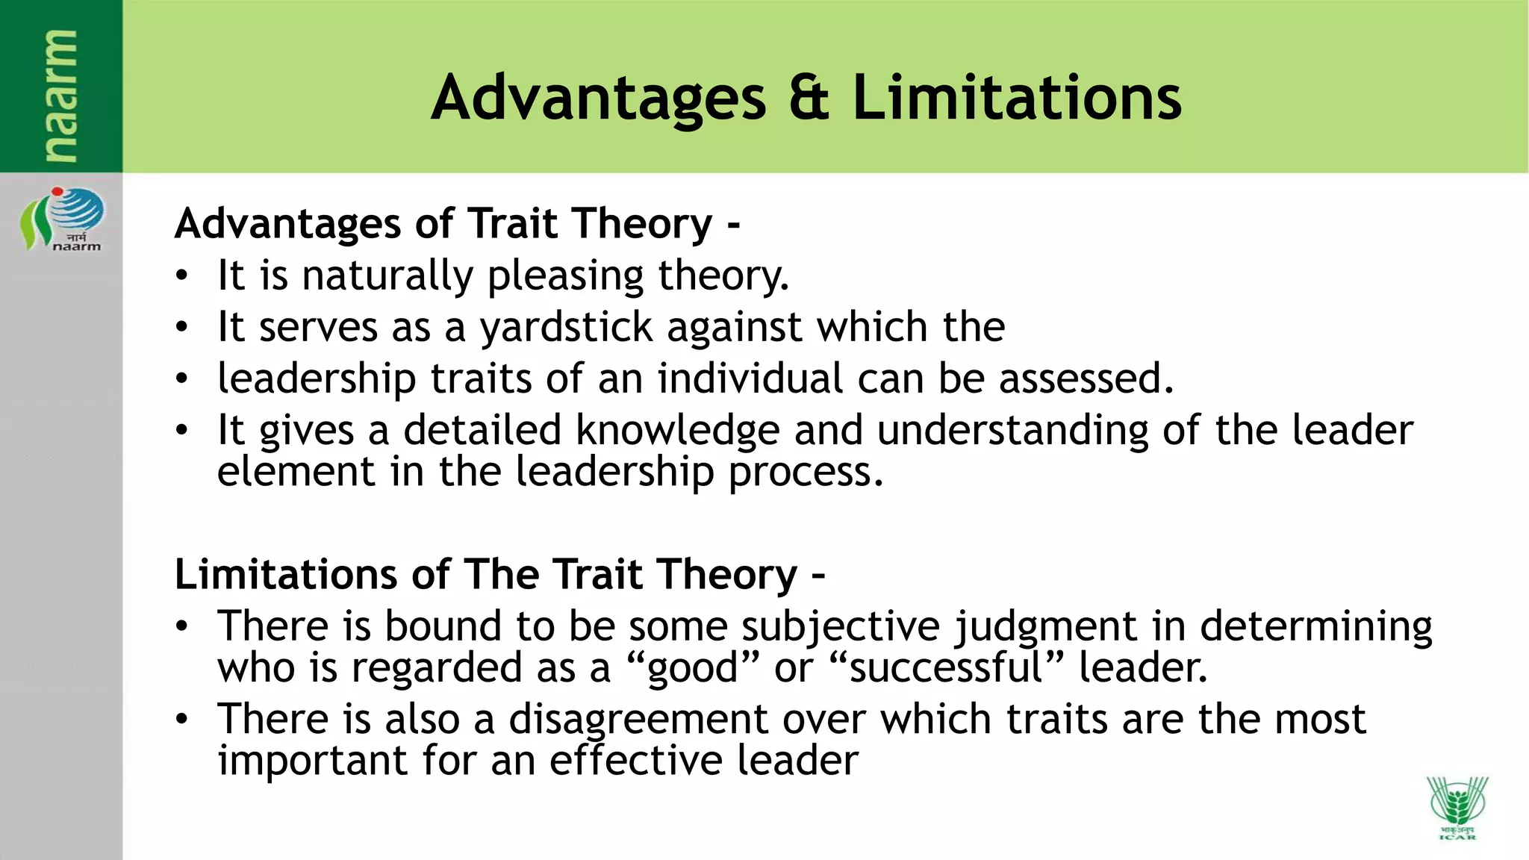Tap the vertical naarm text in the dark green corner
60,96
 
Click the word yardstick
565,328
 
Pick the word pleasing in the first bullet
565,276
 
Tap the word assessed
1086,378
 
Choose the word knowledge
678,431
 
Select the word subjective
840,626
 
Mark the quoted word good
693,668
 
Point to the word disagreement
638,720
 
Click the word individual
750,378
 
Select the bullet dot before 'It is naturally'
181,277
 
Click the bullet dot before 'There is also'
181,720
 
